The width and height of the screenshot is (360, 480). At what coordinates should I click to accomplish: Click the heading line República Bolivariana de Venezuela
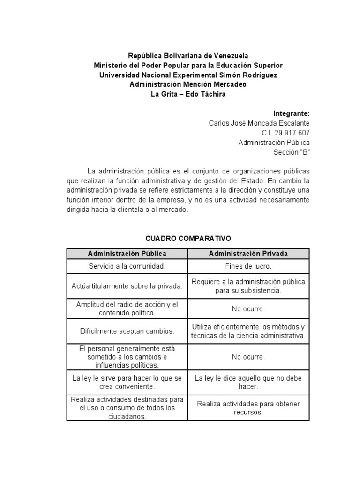188,55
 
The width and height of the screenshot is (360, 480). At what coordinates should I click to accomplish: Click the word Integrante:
291,113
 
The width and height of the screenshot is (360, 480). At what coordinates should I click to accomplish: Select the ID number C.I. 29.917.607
286,133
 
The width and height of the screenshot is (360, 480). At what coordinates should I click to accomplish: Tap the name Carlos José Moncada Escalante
259,123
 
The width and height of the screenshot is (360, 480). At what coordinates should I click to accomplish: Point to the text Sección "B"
292,152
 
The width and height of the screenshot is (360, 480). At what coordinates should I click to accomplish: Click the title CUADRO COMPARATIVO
188,238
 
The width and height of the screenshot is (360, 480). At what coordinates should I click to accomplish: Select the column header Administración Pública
127,254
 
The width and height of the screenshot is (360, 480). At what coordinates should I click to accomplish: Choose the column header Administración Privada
248,254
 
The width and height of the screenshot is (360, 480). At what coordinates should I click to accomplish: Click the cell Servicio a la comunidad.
127,266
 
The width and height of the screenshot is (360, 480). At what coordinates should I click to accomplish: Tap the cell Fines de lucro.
248,266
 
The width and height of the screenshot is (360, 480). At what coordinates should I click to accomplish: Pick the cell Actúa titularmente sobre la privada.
127,286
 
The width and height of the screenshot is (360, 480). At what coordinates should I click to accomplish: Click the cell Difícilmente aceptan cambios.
127,331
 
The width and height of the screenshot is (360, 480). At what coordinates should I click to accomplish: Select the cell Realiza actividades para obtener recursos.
248,408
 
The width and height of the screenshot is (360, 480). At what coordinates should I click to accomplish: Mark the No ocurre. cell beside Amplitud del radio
248,309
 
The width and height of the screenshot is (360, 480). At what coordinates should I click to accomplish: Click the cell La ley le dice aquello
248,382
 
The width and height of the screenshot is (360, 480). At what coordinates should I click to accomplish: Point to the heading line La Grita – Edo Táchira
188,94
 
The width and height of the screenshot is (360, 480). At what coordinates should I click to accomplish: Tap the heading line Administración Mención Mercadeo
188,84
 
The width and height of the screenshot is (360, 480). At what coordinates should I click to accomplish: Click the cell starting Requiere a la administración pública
248,286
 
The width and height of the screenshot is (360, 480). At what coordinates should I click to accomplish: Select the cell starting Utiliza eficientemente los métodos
248,331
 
